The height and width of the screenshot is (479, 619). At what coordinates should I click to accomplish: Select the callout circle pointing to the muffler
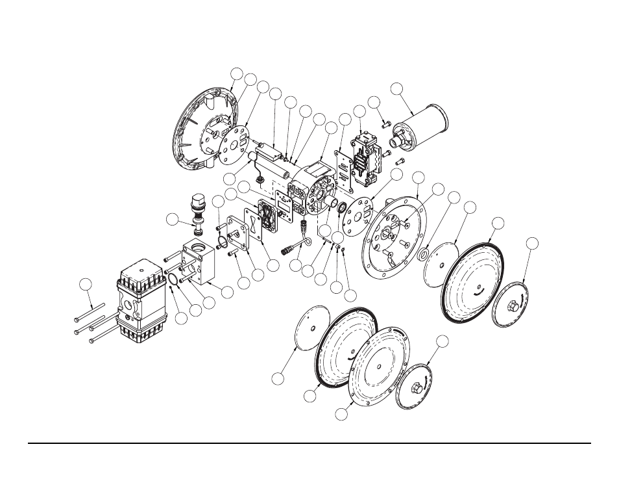[396, 88]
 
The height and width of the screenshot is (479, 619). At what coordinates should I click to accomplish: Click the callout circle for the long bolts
[85, 283]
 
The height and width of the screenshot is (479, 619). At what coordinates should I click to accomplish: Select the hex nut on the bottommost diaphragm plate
[417, 389]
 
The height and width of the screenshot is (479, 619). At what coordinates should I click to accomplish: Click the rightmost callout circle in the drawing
[531, 244]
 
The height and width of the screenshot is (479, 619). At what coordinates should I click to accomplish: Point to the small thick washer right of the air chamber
[424, 254]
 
